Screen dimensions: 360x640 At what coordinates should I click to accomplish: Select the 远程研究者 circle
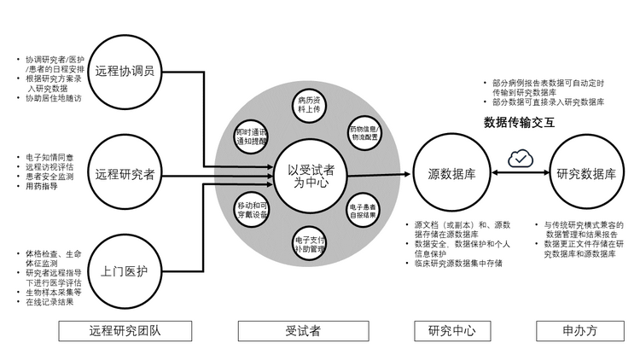(125, 175)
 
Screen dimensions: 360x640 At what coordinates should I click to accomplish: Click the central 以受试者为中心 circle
(305, 176)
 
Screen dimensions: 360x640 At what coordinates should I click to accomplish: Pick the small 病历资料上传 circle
(308, 106)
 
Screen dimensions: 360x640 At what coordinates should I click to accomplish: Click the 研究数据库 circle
(585, 174)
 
